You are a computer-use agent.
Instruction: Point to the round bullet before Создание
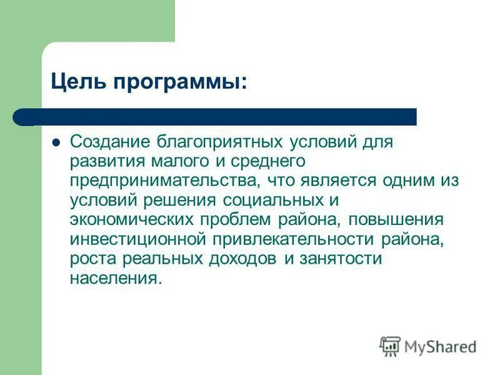coord(56,142)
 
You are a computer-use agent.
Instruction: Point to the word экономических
coord(131,220)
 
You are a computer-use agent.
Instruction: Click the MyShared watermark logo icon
coord(390,346)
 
